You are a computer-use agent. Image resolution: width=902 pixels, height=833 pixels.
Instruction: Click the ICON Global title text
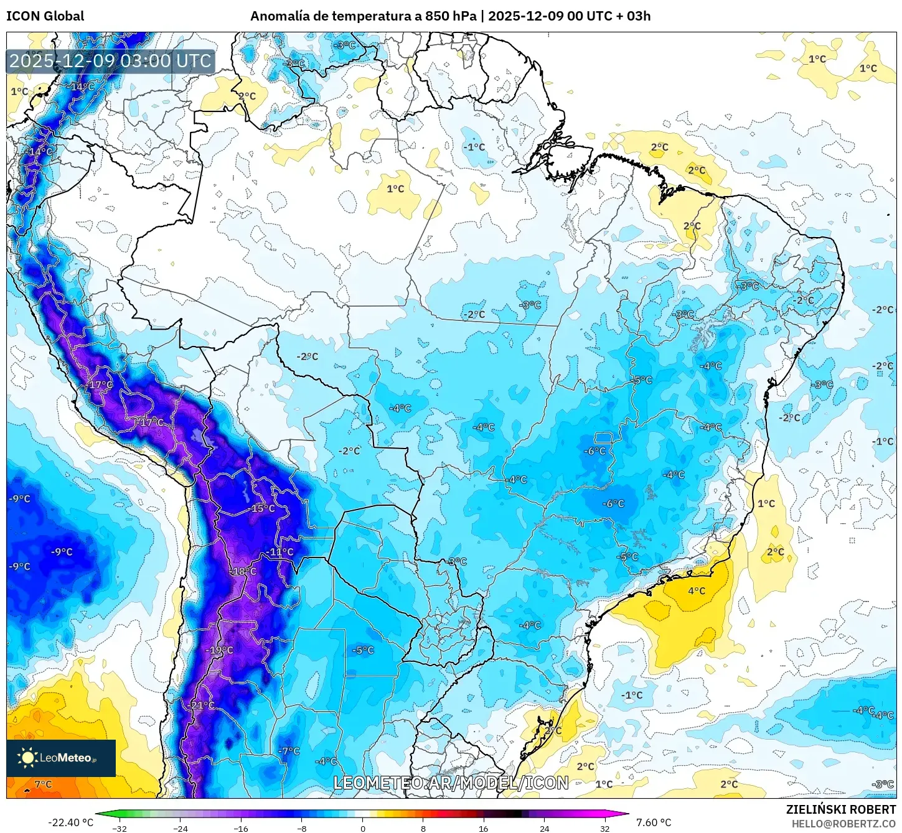click(45, 16)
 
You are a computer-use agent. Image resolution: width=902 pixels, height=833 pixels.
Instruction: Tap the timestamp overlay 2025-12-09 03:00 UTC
click(111, 61)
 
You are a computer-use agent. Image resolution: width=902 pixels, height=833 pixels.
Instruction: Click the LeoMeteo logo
click(60, 758)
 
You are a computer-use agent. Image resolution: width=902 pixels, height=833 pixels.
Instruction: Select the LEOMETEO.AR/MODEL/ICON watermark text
click(451, 783)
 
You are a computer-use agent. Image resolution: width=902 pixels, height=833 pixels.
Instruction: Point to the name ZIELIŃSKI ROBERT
click(840, 809)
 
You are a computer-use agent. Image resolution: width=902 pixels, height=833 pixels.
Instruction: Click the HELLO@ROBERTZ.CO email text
click(843, 824)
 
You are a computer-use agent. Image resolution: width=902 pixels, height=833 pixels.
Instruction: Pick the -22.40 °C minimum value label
click(71, 822)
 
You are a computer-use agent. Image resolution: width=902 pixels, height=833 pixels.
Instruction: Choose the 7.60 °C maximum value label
click(654, 822)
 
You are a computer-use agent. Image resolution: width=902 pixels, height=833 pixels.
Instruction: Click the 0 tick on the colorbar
click(363, 828)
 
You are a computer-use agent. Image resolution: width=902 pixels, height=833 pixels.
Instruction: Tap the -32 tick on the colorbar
click(119, 828)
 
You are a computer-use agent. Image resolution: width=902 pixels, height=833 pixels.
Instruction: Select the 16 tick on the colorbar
click(484, 828)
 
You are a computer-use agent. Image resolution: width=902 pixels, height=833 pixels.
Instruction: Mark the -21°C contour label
click(202, 705)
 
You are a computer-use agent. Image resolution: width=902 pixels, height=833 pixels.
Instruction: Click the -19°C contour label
click(220, 650)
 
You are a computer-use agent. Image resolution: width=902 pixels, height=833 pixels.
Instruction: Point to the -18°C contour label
click(243, 571)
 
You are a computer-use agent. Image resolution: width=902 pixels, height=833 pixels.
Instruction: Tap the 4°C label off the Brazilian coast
click(697, 590)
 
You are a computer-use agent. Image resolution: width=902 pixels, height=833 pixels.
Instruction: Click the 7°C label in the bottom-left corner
click(43, 784)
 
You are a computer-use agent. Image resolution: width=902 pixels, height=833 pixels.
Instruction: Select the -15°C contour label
click(262, 508)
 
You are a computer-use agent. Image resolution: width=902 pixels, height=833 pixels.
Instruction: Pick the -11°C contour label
click(280, 552)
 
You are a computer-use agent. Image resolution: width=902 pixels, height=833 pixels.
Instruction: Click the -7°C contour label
click(289, 751)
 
